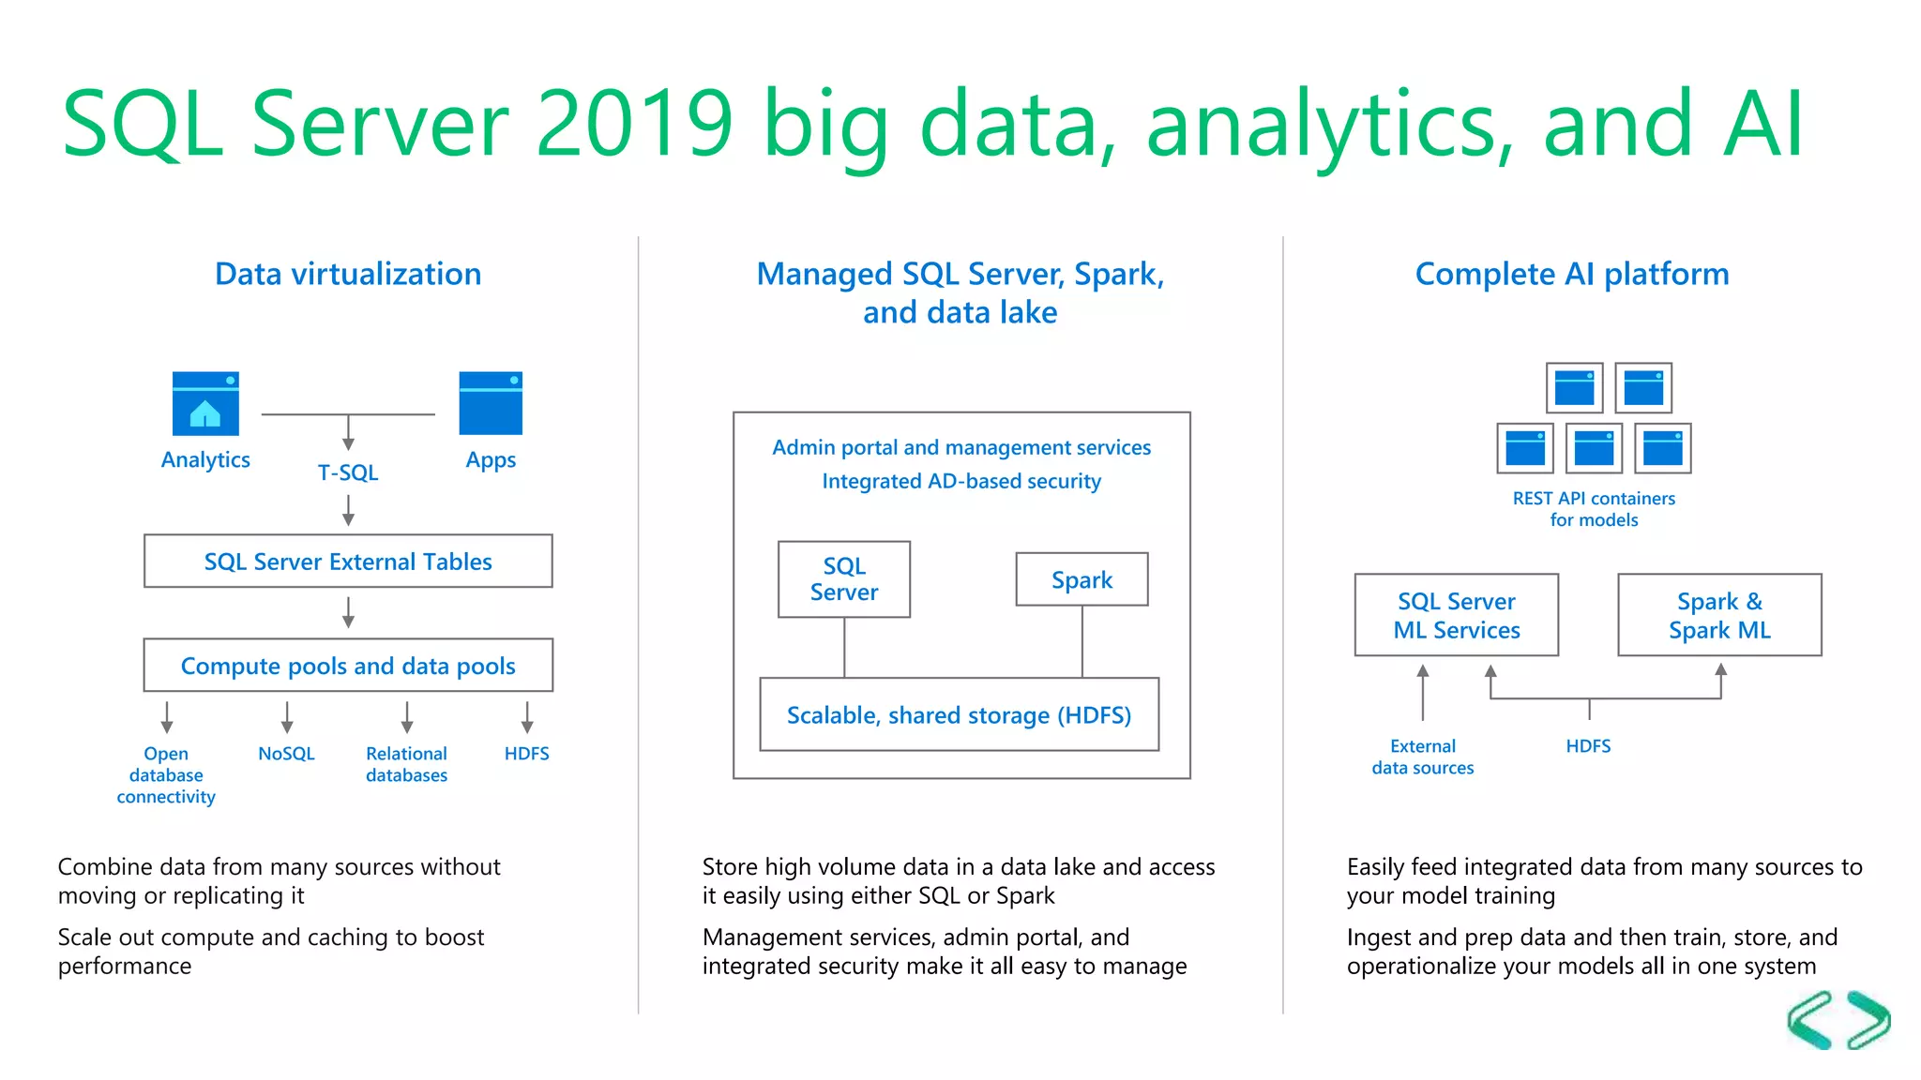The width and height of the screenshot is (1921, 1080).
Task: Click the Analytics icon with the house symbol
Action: pos(205,403)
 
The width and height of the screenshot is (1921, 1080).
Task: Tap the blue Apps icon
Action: pos(491,403)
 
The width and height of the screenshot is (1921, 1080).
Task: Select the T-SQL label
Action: pos(348,472)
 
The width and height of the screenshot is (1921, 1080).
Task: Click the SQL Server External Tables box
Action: pos(348,562)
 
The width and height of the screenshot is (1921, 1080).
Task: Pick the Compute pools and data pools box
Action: pos(348,666)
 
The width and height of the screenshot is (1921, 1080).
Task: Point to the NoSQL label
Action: pos(286,754)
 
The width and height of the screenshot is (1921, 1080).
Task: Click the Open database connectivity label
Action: pos(166,775)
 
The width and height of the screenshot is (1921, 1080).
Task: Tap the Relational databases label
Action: pos(406,764)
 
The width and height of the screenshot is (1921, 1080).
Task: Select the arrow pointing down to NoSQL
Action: pos(287,717)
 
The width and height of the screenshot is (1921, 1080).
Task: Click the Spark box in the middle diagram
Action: pos(1082,579)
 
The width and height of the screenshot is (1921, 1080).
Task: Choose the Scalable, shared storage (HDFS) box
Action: pos(959,714)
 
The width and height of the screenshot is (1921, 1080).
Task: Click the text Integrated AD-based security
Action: pos(961,481)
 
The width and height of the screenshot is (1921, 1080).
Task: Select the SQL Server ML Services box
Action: pos(1456,615)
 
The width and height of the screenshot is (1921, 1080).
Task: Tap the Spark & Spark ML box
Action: pos(1719,615)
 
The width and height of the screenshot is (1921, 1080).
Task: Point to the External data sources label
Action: pos(1422,757)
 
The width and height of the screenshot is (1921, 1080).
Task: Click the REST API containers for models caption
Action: pos(1594,509)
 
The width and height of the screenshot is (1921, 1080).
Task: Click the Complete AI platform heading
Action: pos(1572,274)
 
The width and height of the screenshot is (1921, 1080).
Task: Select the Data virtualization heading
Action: pos(348,274)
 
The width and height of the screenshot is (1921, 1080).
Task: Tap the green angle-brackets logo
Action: pos(1838,1020)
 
